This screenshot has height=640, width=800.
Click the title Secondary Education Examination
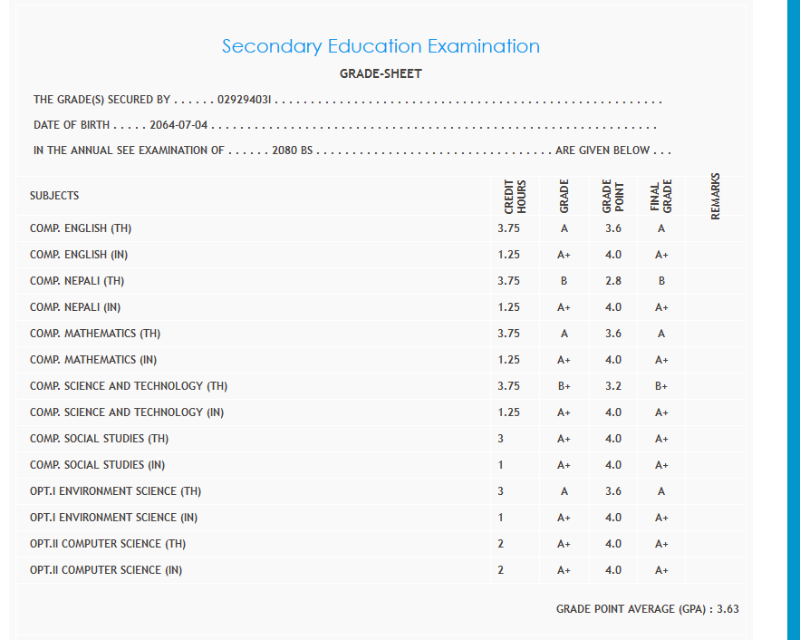(x=381, y=46)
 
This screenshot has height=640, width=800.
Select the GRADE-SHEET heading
(x=381, y=73)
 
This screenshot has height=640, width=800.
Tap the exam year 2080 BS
(x=292, y=150)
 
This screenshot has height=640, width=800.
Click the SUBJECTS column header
(x=54, y=195)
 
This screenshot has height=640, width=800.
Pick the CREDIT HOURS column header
(x=515, y=195)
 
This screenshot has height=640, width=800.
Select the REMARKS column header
(x=716, y=195)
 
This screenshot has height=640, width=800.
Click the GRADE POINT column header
(x=612, y=195)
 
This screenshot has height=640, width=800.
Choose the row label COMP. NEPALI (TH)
(x=77, y=281)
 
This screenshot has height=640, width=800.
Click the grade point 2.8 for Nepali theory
(x=613, y=281)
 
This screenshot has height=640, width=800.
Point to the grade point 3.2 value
(x=613, y=386)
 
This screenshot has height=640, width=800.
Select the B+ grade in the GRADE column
(x=564, y=386)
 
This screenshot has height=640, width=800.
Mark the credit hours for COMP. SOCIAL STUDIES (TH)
(x=500, y=439)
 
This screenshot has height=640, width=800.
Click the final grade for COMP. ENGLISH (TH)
(x=661, y=228)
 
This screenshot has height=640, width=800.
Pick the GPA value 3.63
(x=728, y=609)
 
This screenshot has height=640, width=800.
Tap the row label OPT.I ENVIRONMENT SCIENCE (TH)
(x=115, y=491)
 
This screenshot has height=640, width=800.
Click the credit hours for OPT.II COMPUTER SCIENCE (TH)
(x=500, y=544)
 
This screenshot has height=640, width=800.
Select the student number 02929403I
(x=245, y=99)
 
